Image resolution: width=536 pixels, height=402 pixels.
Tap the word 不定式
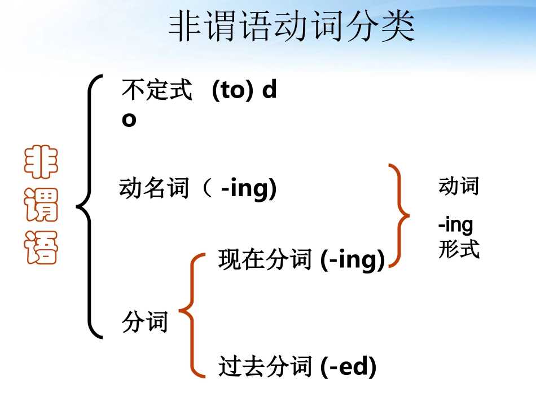(157, 90)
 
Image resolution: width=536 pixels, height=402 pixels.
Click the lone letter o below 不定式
(129, 120)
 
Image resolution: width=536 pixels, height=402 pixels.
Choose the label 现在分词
(265, 260)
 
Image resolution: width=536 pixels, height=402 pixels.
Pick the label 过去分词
(265, 366)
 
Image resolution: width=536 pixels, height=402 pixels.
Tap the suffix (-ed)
(348, 366)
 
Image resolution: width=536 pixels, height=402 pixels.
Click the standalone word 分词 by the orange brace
(145, 323)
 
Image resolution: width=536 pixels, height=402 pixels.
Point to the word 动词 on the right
(458, 186)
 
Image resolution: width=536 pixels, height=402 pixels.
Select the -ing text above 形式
(455, 225)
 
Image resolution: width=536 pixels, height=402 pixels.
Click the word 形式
(458, 249)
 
